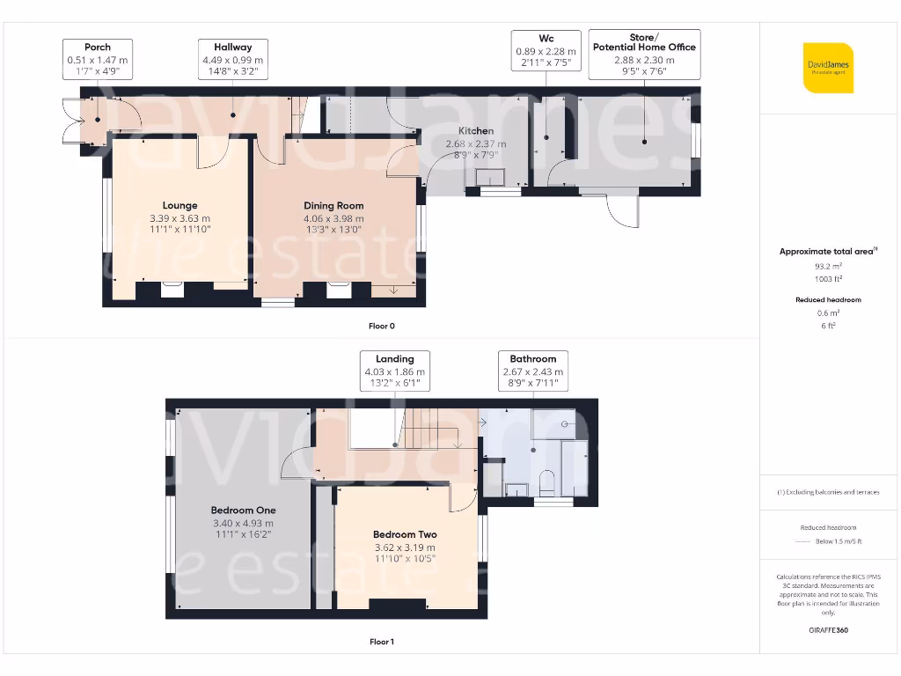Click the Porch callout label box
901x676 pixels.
[x=98, y=60]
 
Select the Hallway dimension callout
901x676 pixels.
[x=232, y=60]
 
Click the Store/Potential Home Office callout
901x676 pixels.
[x=644, y=54]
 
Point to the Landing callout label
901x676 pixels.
[x=394, y=371]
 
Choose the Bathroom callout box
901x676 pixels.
[x=532, y=371]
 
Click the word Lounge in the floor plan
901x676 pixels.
[x=179, y=206]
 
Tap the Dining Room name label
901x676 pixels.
[x=333, y=206]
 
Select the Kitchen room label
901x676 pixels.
[x=476, y=131]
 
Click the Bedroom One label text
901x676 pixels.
[x=243, y=511]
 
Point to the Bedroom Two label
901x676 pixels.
[x=405, y=534]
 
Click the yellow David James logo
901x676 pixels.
[x=828, y=68]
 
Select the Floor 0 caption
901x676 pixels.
[x=381, y=326]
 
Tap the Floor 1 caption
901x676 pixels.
[x=381, y=642]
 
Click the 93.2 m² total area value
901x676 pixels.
[x=828, y=265]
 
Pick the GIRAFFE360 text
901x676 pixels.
[x=828, y=630]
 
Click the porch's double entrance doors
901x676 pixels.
[x=70, y=121]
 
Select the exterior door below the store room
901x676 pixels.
[x=623, y=211]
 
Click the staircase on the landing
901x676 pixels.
[x=432, y=429]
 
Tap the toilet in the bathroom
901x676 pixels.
[x=546, y=482]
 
